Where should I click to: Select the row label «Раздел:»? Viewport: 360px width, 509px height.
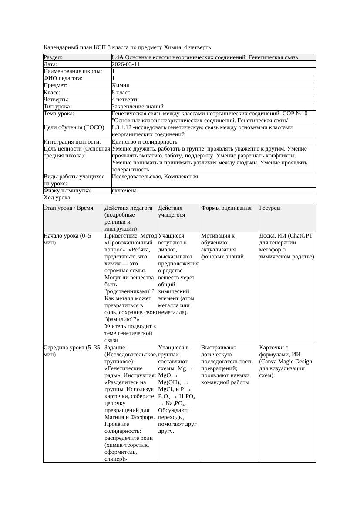point(53,57)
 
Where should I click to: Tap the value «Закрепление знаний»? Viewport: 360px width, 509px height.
point(138,107)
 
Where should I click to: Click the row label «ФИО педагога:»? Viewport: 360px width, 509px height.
point(63,78)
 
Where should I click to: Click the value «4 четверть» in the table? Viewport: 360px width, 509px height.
point(125,100)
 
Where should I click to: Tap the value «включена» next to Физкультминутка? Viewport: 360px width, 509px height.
point(124,191)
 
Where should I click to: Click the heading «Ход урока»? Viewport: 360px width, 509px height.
point(57,198)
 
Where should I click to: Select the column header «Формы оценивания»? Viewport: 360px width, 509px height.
point(226,208)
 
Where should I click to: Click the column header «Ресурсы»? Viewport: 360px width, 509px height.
point(270,208)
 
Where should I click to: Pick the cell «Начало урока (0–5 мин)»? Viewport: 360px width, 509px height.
point(67,239)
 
